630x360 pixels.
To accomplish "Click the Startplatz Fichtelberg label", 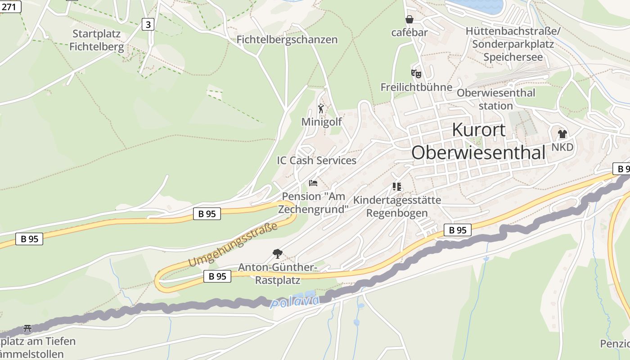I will [x=96, y=40].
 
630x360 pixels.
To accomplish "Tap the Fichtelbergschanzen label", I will [x=287, y=40].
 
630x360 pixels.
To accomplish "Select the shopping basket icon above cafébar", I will [x=409, y=19].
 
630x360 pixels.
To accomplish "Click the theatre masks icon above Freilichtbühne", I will [x=416, y=73].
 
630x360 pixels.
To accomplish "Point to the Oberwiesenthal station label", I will [x=496, y=99].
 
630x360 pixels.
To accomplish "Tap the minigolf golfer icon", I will [x=321, y=108].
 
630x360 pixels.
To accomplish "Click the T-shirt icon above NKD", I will [x=562, y=134].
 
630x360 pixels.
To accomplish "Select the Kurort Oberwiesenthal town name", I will [x=478, y=141].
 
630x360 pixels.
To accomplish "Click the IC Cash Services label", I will [x=316, y=160].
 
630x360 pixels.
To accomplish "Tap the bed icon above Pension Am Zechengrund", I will [x=313, y=183].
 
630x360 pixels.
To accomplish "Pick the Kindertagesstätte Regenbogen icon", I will [x=396, y=186].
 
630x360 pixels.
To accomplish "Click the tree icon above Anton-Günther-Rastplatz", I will [x=277, y=254].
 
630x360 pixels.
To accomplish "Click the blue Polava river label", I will [x=295, y=301].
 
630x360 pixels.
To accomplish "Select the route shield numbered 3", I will [x=148, y=24].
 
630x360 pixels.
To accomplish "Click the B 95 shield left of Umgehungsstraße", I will [x=207, y=214].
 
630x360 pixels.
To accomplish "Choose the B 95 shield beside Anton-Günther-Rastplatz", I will [x=217, y=276].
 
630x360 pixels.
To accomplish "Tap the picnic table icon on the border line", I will [x=27, y=328].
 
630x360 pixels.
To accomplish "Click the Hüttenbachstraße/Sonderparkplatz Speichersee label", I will [x=513, y=44].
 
